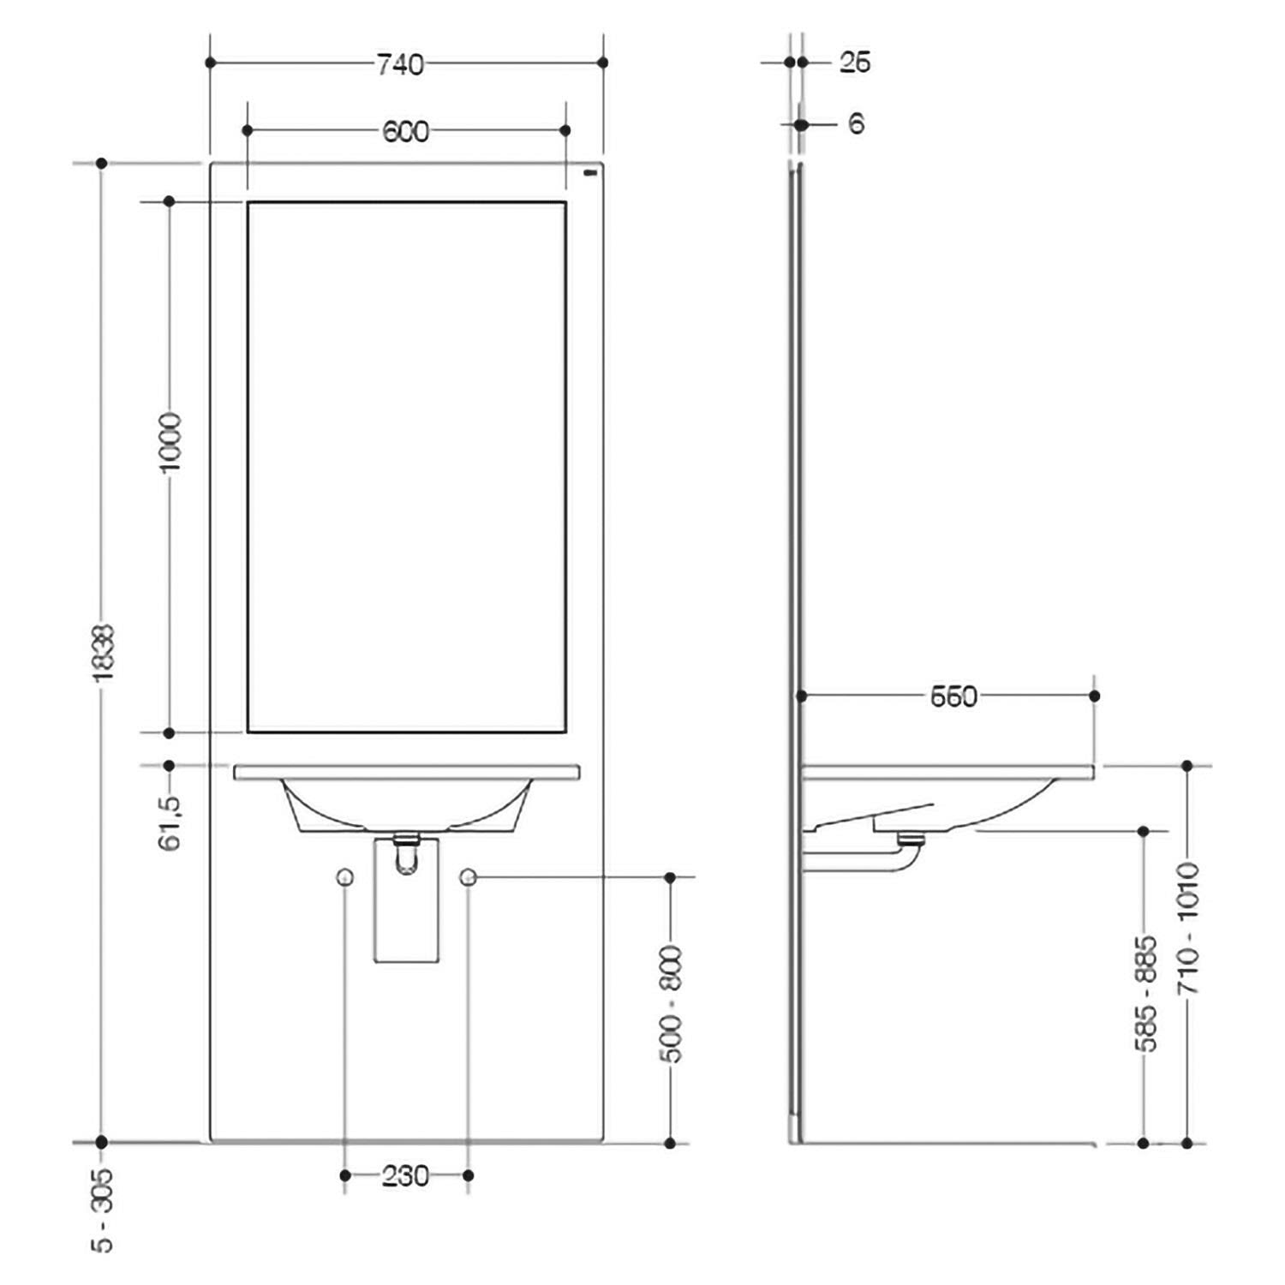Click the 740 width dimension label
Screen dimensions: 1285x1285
point(400,64)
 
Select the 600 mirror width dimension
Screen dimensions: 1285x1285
point(405,132)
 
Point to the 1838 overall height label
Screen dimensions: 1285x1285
point(104,653)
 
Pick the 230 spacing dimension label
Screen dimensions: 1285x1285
point(405,1176)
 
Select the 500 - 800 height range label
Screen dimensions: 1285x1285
point(672,1004)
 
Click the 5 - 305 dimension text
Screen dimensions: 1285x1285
point(104,1210)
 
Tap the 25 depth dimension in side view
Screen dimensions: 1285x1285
point(854,63)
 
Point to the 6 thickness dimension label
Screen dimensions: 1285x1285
point(856,124)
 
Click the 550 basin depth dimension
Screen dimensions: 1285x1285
point(953,697)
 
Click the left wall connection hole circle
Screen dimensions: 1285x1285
point(345,876)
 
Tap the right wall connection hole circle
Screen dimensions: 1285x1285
point(468,876)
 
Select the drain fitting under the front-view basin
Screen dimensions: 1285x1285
point(406,852)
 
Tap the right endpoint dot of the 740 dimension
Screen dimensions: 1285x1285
point(603,63)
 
